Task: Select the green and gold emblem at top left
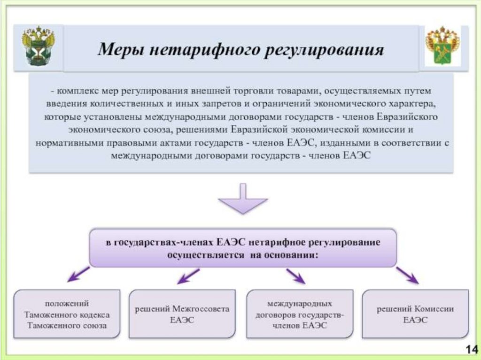tap(38, 47)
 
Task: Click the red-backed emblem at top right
tap(442, 46)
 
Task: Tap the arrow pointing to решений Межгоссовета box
tap(188, 276)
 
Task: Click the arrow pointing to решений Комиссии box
tap(407, 276)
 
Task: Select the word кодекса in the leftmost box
tap(94, 314)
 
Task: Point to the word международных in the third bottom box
tap(300, 304)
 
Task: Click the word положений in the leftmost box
tap(67, 304)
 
